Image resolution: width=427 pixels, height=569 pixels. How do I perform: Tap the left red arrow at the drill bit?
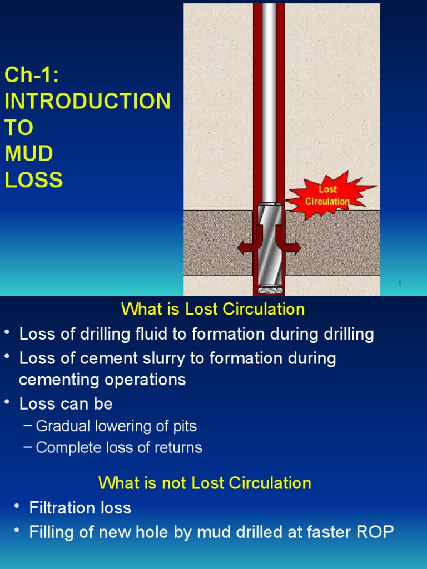pos(246,248)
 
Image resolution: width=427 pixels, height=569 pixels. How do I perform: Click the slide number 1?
pos(399,284)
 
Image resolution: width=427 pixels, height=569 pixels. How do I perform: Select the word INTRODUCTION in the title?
pos(88,102)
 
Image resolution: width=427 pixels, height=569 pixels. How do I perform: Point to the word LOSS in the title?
pos(33,180)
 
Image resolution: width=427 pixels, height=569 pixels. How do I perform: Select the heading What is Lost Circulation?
pos(213,310)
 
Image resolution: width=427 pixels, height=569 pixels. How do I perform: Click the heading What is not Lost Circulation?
pos(205,483)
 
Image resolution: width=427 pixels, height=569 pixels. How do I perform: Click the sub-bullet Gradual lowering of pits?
pos(116,426)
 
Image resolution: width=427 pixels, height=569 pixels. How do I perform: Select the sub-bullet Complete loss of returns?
pos(118,448)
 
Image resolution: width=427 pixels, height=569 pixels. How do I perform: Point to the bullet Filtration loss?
pos(80,508)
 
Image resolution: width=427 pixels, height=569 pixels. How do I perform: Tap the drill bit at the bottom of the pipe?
pos(270,288)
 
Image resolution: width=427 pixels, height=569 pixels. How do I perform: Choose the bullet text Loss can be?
pos(66,404)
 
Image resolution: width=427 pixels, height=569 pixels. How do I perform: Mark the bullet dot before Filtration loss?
pos(17,506)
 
